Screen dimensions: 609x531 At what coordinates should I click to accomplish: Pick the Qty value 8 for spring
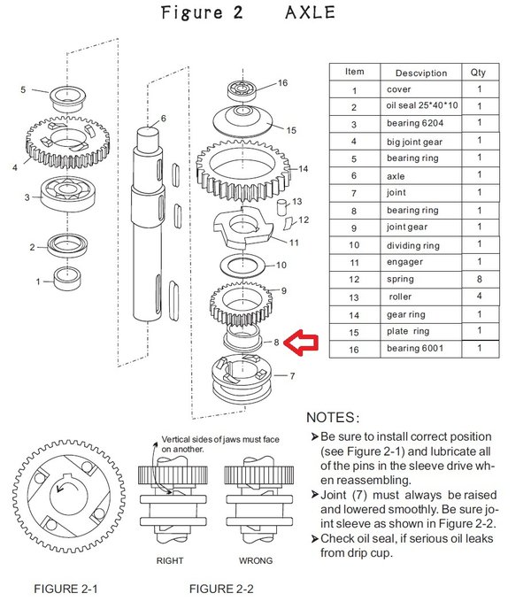click(479, 279)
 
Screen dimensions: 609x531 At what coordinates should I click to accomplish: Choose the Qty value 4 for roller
click(479, 297)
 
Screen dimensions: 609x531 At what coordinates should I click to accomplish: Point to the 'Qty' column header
click(479, 73)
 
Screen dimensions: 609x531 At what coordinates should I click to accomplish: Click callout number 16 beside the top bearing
click(282, 83)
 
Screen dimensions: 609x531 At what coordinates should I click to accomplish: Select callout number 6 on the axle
click(163, 118)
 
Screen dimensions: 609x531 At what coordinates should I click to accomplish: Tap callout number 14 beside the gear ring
click(303, 168)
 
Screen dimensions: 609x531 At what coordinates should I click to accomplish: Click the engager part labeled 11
click(244, 235)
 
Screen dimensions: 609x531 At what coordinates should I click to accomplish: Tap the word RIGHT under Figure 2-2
click(170, 561)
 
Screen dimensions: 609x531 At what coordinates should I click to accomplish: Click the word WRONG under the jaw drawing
click(256, 561)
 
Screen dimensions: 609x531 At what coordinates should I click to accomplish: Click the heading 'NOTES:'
click(332, 417)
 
